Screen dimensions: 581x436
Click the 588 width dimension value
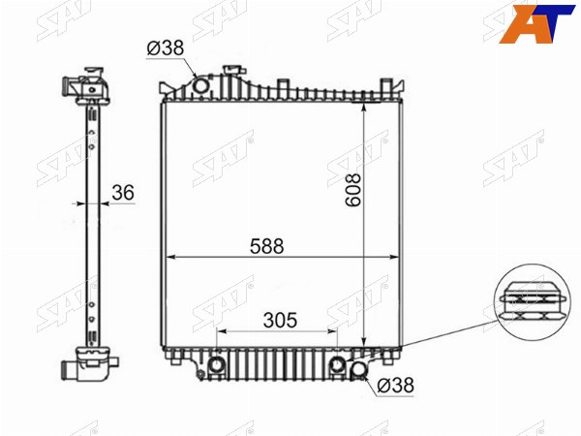[267, 246]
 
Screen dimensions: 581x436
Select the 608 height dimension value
[352, 190]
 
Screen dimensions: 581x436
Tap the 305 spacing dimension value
[280, 321]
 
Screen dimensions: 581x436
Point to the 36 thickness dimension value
[123, 193]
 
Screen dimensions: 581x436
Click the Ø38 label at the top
[166, 47]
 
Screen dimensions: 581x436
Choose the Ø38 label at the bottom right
[395, 386]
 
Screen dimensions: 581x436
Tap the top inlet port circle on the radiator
[201, 86]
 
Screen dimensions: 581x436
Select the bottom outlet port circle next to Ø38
[358, 369]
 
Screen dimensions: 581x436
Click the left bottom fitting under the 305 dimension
[216, 365]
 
